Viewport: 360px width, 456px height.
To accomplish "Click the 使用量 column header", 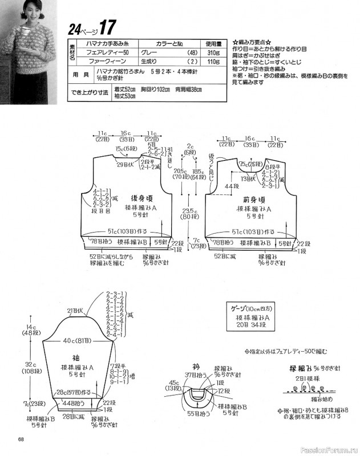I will pyautogui.click(x=213, y=42).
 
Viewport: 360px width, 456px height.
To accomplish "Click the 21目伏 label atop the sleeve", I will pyautogui.click(x=75, y=311).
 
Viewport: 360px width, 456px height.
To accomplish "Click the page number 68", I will pyautogui.click(x=21, y=438).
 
